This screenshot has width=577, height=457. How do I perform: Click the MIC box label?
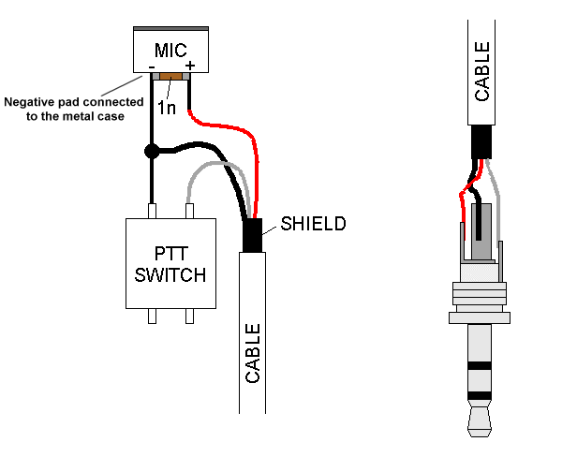[x=170, y=48]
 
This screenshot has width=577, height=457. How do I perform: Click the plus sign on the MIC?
[x=190, y=66]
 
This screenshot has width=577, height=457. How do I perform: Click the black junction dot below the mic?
[x=151, y=150]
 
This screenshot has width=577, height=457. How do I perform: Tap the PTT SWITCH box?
[x=171, y=263]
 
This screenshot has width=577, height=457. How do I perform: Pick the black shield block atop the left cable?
[x=253, y=236]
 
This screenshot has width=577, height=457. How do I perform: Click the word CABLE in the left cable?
[x=253, y=353]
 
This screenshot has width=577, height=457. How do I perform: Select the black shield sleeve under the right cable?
[x=481, y=141]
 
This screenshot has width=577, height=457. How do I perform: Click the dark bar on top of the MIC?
[x=170, y=28]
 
